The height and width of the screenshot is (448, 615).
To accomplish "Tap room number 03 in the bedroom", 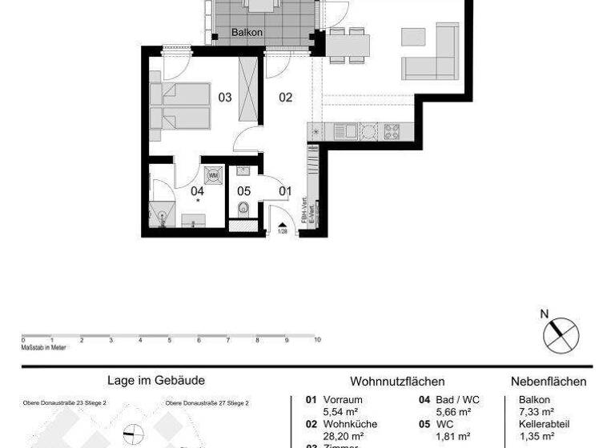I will click(225, 98).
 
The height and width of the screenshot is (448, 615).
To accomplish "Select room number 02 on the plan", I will click(285, 98).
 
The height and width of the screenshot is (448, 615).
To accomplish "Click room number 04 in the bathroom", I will click(197, 190).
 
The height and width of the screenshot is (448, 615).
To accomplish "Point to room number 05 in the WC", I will click(244, 190).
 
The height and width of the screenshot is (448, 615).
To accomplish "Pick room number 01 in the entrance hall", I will click(285, 190).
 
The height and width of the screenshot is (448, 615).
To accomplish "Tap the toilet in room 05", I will click(243, 209).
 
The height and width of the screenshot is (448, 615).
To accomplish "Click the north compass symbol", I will click(561, 334).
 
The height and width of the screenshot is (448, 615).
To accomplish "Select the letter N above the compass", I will click(545, 314).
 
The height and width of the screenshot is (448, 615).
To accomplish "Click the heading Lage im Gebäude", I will click(156, 382).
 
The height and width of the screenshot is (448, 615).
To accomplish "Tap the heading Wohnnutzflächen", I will click(397, 382).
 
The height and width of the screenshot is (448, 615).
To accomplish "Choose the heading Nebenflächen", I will click(549, 382).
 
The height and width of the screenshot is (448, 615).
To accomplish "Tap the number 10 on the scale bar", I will click(318, 340).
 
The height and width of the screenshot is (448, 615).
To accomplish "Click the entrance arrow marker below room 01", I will click(282, 225).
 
